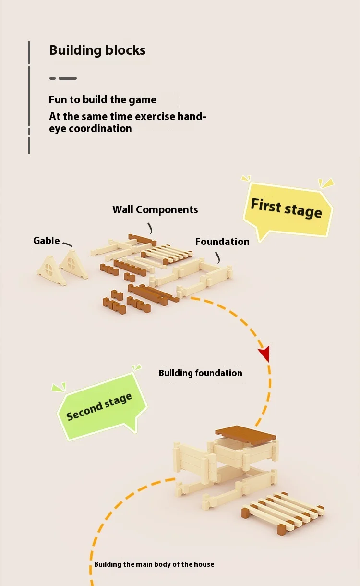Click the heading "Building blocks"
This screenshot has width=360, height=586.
97,50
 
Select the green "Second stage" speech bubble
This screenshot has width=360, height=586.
99,406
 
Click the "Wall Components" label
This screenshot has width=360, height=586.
155,209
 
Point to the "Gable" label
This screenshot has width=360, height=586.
47,241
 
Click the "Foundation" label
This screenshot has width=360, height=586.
222,242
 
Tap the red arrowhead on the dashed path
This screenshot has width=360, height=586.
264,354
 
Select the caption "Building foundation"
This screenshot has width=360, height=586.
200,373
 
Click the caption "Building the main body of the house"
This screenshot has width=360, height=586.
154,564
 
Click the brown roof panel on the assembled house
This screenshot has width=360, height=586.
246,435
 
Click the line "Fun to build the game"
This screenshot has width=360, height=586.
102,100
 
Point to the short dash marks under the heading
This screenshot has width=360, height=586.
63,78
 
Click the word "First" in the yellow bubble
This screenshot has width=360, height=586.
266,206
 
